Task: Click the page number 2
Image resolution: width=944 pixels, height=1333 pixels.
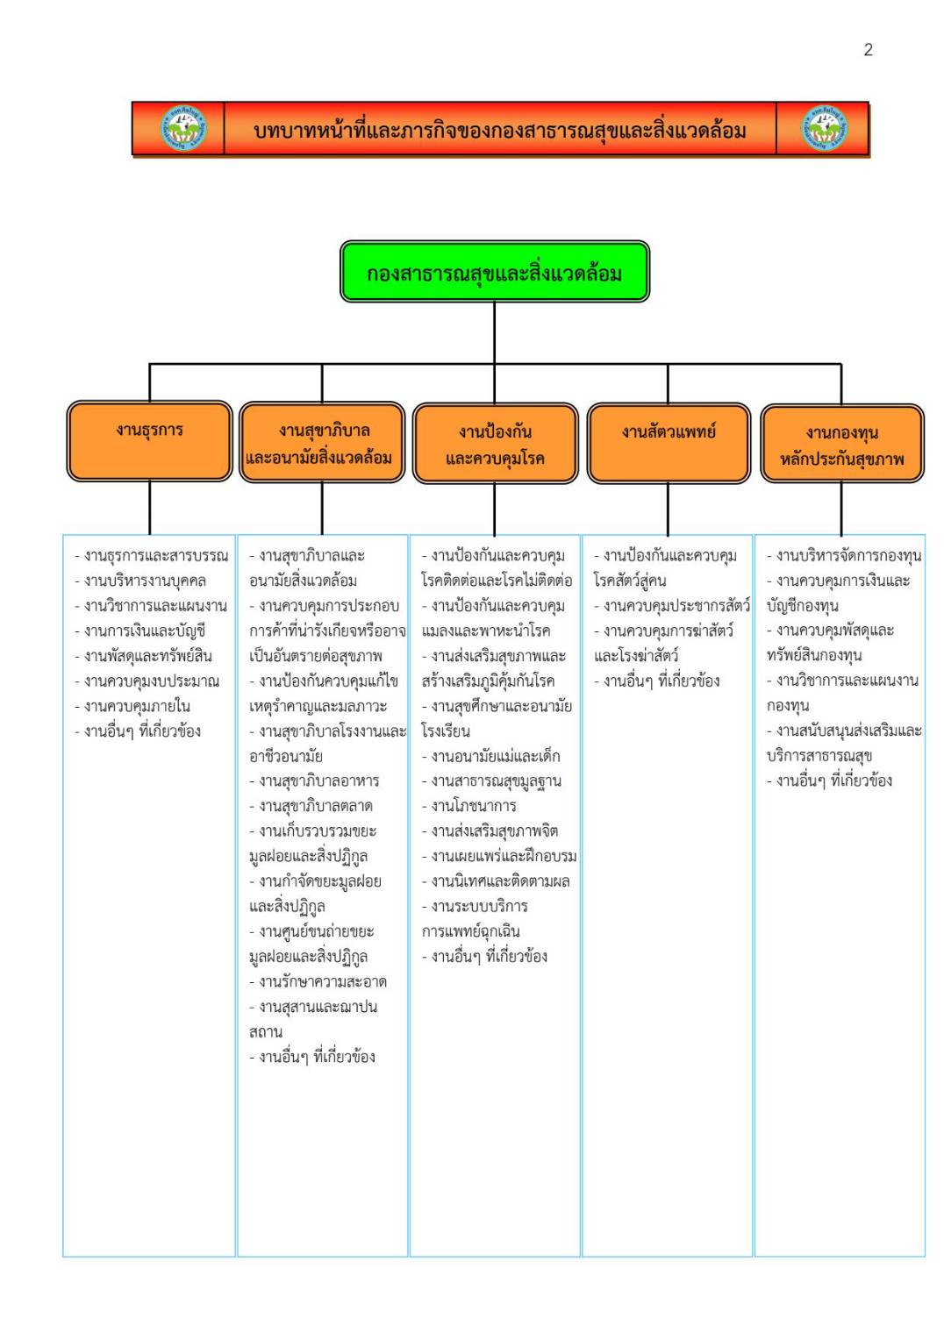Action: tap(868, 50)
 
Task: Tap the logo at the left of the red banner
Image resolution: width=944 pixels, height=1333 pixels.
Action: tap(184, 128)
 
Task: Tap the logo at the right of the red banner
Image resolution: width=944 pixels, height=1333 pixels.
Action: tap(825, 128)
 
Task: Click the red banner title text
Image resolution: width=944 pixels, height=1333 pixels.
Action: tap(500, 130)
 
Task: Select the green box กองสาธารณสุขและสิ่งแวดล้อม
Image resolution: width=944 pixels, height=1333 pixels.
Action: tap(495, 271)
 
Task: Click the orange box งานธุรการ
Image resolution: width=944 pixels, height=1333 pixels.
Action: tap(149, 440)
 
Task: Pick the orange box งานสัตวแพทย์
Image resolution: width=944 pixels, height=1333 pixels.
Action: tap(669, 443)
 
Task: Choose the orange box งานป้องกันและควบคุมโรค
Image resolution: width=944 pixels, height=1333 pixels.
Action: tap(495, 443)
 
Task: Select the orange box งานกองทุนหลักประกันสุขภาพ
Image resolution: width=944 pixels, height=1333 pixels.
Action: tap(842, 444)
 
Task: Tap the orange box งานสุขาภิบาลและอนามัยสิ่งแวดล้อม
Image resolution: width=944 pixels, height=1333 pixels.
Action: tap(322, 442)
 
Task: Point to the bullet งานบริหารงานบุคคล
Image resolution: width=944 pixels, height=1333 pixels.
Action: tap(140, 581)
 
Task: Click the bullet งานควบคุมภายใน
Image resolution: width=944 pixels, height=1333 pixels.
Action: tap(132, 706)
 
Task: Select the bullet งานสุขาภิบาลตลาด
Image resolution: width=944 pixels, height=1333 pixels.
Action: tap(311, 806)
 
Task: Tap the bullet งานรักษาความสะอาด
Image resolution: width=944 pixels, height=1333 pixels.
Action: tap(318, 981)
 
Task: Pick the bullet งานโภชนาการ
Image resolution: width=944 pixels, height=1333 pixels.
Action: tap(469, 806)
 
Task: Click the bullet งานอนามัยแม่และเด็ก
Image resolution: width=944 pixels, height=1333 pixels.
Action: tap(491, 756)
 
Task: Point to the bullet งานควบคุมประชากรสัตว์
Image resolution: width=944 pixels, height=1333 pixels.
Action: tap(672, 606)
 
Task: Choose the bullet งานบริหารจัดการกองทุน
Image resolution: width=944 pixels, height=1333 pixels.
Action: tap(844, 556)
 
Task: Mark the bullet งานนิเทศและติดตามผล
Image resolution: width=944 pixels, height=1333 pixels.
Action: tap(496, 881)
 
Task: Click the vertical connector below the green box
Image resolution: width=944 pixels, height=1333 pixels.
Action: tap(495, 332)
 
